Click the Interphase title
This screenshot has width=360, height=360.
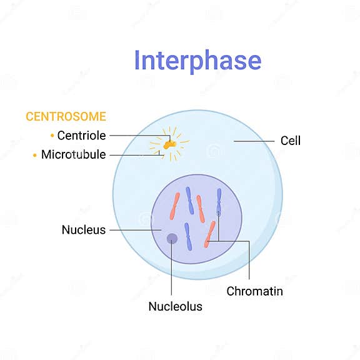[197, 60]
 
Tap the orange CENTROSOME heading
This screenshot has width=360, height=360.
[66, 116]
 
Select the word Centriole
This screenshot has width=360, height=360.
[81, 136]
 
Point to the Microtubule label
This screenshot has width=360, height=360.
[73, 154]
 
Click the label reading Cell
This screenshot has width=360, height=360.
[290, 141]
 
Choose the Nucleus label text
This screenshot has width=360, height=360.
[84, 230]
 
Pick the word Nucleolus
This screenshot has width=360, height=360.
[175, 306]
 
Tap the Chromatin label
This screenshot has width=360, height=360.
[254, 291]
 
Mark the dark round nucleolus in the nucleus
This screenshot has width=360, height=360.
[171, 238]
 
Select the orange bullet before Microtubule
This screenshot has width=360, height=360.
[35, 154]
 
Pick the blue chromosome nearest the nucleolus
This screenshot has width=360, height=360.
[188, 236]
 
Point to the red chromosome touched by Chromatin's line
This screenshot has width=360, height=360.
[210, 235]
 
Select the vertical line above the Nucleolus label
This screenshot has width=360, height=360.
[171, 269]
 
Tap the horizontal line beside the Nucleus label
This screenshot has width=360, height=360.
[131, 230]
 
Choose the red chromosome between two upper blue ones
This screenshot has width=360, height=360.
[200, 208]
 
